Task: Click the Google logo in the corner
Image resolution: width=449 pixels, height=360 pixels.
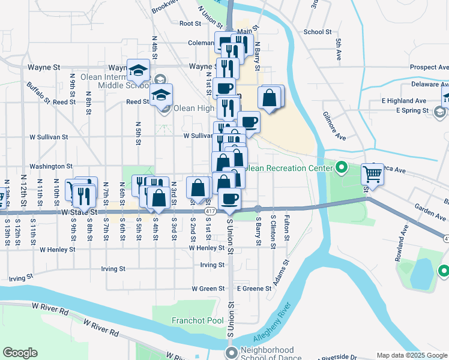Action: click(x=20, y=353)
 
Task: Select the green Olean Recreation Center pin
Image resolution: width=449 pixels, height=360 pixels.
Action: click(x=342, y=167)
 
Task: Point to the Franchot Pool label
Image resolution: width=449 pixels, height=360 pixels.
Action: click(x=197, y=320)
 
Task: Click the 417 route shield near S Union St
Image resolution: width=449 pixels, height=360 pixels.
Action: click(x=209, y=212)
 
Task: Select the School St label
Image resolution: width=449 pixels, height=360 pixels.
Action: click(x=318, y=32)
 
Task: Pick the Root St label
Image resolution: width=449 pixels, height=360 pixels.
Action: click(x=190, y=23)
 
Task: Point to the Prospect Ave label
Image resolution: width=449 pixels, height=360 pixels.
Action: click(x=429, y=67)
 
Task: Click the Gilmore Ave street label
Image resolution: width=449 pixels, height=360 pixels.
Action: click(x=334, y=125)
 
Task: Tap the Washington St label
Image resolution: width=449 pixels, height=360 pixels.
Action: click(x=51, y=166)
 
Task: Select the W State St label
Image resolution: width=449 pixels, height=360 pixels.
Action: click(x=79, y=212)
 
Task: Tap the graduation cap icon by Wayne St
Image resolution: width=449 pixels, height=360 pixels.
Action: click(x=139, y=71)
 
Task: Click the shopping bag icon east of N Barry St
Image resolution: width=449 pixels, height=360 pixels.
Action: click(x=270, y=97)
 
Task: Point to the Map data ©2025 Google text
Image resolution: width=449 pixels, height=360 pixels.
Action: click(x=411, y=355)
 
